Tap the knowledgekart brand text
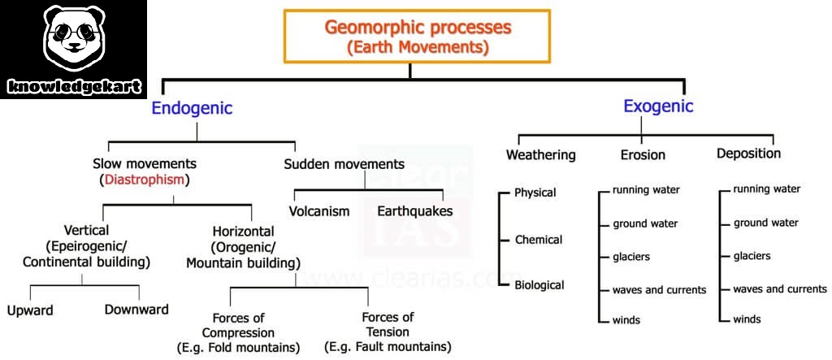click(x=74, y=85)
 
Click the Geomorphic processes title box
click(x=418, y=37)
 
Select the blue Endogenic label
click(x=192, y=108)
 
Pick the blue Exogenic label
click(x=658, y=106)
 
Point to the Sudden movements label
click(x=344, y=164)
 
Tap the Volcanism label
click(x=319, y=211)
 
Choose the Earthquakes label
click(x=414, y=211)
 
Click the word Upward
click(x=31, y=310)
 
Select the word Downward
click(x=136, y=310)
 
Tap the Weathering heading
click(x=540, y=154)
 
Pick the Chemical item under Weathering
click(x=539, y=240)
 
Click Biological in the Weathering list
click(x=539, y=285)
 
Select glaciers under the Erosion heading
click(x=630, y=257)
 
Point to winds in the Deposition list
click(x=747, y=319)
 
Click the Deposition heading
click(x=748, y=154)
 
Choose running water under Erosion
click(x=646, y=190)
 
